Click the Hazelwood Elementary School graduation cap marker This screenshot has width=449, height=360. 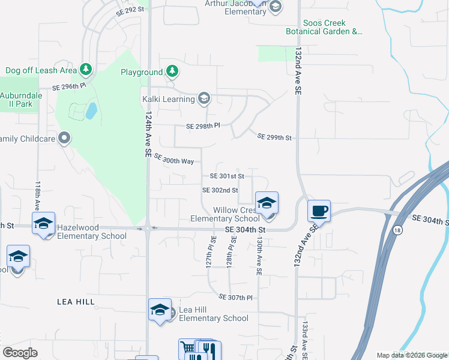tap(43, 224)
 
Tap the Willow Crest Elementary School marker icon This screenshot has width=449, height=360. tap(267, 202)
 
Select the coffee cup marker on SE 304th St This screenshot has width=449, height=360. tap(319, 211)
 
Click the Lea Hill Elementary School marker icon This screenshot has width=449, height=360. tap(160, 310)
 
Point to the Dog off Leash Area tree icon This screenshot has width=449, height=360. tap(86, 70)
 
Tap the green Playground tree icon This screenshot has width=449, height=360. tap(172, 72)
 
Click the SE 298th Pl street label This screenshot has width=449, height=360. tap(203, 126)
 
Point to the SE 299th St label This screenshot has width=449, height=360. tap(274, 137)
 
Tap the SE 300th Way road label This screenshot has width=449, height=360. tap(174, 159)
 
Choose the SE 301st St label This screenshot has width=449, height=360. tap(227, 176)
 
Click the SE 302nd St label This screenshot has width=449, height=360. tap(220, 190)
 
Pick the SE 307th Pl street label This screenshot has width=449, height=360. tap(236, 297)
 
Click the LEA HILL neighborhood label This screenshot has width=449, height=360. tap(76, 302)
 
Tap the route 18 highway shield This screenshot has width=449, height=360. tap(397, 230)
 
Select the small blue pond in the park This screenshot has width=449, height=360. tap(91, 110)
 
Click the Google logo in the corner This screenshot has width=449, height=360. tap(20, 353)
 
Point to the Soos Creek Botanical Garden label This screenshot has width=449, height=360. tap(333, 27)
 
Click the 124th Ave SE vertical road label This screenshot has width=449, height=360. tap(148, 133)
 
